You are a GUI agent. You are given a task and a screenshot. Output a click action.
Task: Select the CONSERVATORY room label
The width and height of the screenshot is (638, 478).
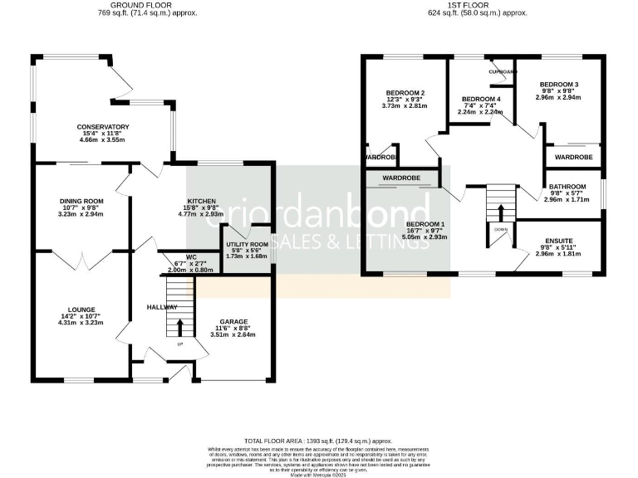tap(103, 127)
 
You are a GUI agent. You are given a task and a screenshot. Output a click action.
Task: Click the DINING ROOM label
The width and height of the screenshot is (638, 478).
tap(81, 201)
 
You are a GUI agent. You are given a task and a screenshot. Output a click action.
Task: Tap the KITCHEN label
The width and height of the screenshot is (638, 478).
tap(202, 202)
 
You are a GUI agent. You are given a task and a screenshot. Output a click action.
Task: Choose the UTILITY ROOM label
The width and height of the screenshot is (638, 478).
tap(247, 245)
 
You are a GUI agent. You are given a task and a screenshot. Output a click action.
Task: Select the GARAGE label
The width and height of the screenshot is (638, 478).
tap(233, 321)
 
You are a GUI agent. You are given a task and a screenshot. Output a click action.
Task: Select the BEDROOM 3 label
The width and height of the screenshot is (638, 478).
tap(557, 85)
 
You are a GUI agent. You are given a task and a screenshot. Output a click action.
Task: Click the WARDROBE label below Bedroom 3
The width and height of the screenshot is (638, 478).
tap(573, 157)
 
